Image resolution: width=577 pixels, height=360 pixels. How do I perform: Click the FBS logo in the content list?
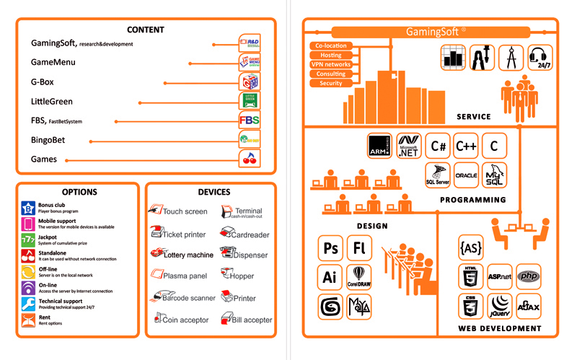point(249,120)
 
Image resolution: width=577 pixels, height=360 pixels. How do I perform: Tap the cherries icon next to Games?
point(249,159)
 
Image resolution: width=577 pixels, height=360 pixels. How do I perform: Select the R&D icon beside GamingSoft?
point(249,43)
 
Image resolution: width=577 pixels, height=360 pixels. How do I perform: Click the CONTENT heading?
point(145,30)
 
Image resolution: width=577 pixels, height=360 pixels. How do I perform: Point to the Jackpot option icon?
point(28,239)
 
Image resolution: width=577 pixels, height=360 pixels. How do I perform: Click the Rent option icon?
point(28,319)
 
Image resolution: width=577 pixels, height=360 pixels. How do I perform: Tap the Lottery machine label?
point(188,255)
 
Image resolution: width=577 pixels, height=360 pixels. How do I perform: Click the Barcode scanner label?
point(190,297)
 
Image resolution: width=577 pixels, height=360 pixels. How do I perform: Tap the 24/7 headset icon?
point(540,58)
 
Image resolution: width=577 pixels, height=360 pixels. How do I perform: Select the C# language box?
point(438,145)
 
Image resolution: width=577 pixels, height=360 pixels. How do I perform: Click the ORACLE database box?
point(466,175)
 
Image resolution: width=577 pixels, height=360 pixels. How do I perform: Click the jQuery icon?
point(500,306)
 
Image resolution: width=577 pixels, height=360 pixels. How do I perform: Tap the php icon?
point(530,276)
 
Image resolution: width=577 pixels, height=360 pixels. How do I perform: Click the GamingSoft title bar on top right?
point(436,32)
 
